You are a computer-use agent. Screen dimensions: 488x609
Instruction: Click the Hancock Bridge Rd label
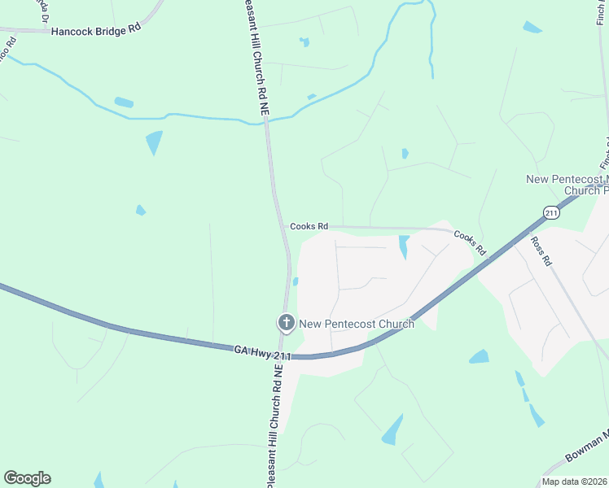[x=95, y=32]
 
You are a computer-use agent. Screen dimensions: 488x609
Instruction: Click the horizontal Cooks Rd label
[x=309, y=226]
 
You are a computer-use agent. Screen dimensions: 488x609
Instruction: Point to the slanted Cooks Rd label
[x=470, y=242]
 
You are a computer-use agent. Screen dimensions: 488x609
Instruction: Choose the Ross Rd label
[x=541, y=251]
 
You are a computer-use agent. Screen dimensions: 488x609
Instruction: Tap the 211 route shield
[x=552, y=212]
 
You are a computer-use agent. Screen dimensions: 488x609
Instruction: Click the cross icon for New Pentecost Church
[x=286, y=323]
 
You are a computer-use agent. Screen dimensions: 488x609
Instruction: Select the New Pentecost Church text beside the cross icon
[x=357, y=324]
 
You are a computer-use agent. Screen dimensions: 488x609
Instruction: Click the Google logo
[x=27, y=478]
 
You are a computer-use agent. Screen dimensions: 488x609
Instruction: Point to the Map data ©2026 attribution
[x=574, y=481]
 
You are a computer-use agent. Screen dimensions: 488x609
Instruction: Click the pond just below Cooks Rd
[x=404, y=246]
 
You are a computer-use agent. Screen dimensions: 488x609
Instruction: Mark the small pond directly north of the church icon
[x=296, y=281]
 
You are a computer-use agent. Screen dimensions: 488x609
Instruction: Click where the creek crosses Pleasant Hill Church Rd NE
[x=265, y=122]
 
